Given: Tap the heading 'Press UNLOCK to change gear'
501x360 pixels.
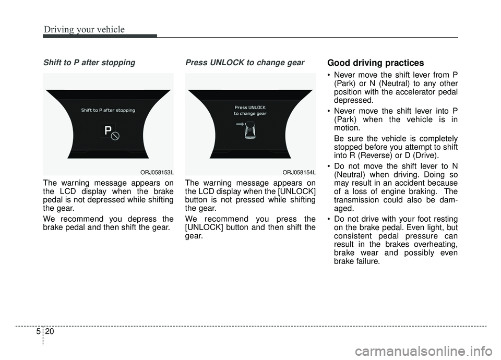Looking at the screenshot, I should coord(245,63).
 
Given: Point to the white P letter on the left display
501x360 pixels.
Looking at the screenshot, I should coord(108,131).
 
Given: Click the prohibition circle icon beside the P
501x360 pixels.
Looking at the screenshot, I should coord(116,136).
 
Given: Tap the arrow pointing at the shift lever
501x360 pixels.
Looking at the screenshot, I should coord(240,125).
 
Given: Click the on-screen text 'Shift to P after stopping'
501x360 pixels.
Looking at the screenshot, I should coord(108,110).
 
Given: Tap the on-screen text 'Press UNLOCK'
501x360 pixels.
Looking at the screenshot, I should coord(250,107).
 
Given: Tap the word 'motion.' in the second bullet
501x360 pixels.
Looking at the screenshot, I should coord(348,127).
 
